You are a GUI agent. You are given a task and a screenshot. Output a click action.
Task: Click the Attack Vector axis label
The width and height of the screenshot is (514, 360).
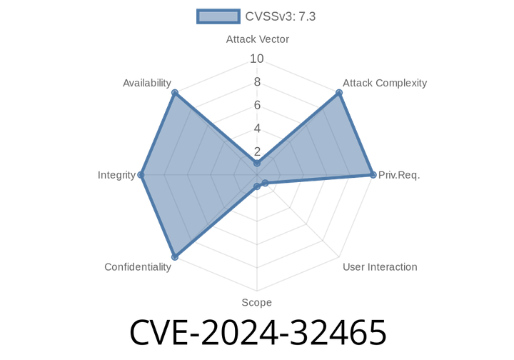pyautogui.click(x=257, y=39)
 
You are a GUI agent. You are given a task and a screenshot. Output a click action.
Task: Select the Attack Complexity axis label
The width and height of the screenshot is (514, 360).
pyautogui.click(x=385, y=83)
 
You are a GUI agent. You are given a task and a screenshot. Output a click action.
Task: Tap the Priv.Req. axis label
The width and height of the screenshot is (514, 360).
pyautogui.click(x=399, y=174)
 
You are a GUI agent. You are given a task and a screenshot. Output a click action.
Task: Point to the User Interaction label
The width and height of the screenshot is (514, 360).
pyautogui.click(x=380, y=266)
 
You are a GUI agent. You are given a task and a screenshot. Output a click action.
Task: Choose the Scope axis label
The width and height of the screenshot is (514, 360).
pyautogui.click(x=256, y=303)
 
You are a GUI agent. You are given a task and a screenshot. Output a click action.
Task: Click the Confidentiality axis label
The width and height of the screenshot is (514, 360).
pyautogui.click(x=138, y=267)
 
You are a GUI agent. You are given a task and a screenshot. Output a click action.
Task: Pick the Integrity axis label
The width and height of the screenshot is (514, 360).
pyautogui.click(x=116, y=174)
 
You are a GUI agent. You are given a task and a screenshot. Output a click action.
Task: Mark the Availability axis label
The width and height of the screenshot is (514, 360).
pyautogui.click(x=147, y=83)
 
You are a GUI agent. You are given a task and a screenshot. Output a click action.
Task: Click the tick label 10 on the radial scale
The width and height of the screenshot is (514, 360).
pyautogui.click(x=257, y=59)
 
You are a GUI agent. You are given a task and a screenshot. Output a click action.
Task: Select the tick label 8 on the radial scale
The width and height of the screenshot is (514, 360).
pyautogui.click(x=257, y=82)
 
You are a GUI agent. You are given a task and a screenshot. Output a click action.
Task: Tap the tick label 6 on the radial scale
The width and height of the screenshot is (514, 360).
pyautogui.click(x=257, y=105)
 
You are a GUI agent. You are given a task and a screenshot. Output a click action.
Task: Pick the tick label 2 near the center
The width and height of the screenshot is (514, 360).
pyautogui.click(x=257, y=151)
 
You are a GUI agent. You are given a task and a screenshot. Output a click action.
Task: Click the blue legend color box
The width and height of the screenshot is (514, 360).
pyautogui.click(x=218, y=16)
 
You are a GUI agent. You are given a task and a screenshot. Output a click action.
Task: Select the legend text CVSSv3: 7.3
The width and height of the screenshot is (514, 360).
pyautogui.click(x=280, y=16)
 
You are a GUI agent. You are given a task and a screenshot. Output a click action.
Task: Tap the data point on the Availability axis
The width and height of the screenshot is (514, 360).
pyautogui.click(x=174, y=92)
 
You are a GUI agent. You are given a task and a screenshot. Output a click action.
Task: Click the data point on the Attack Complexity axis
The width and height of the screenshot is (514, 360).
pyautogui.click(x=339, y=92)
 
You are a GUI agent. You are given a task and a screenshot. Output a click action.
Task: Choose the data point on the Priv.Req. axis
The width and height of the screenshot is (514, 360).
pyautogui.click(x=373, y=174)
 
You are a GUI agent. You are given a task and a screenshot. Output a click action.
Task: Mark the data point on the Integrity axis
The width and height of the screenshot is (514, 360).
pyautogui.click(x=141, y=174)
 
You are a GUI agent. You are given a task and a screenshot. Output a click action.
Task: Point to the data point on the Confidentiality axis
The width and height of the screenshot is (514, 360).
pyautogui.click(x=174, y=257)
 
